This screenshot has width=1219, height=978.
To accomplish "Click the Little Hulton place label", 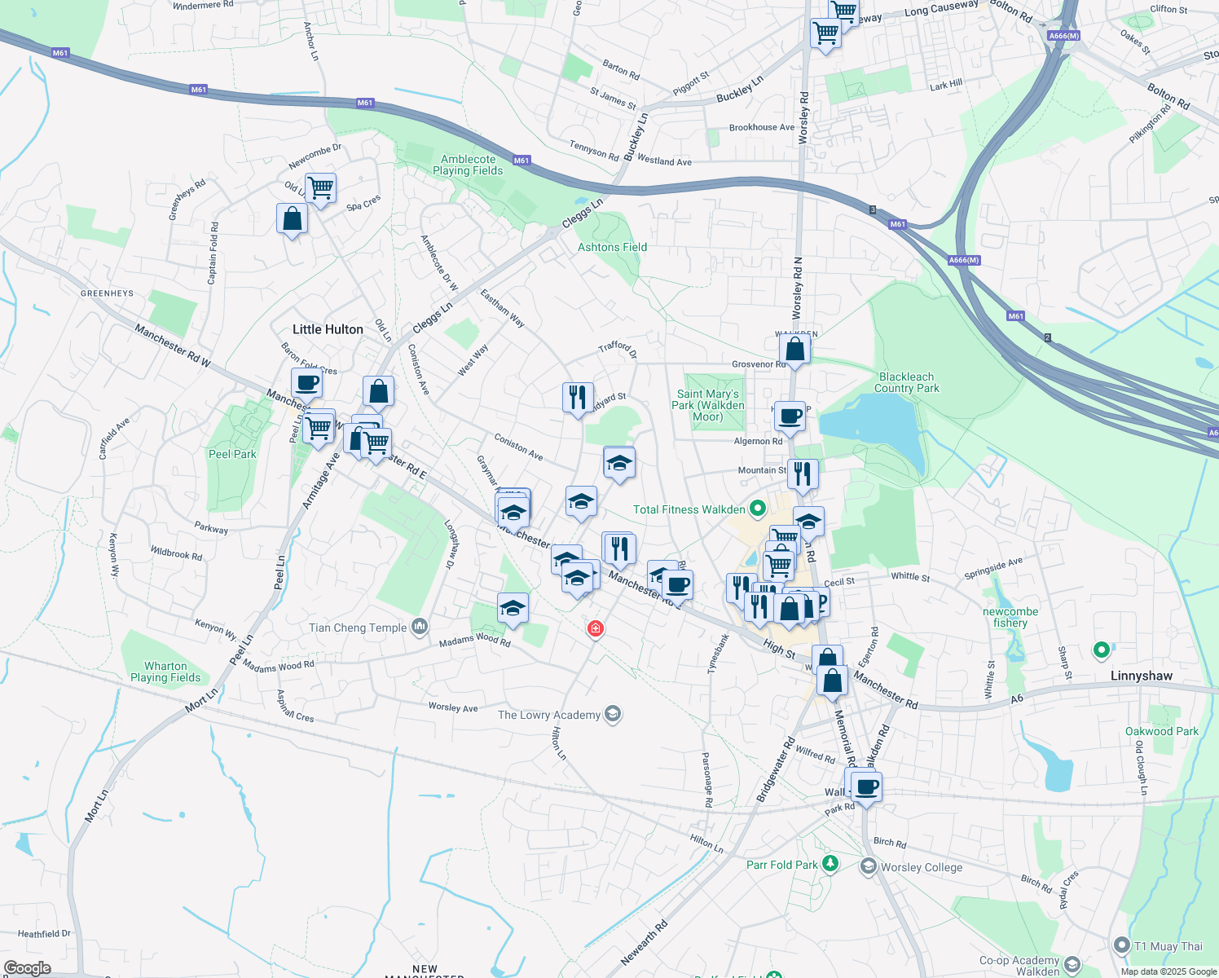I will (x=328, y=329).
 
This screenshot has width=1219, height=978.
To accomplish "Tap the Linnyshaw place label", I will (x=1141, y=676).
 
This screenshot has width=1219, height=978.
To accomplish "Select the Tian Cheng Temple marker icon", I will (x=420, y=627).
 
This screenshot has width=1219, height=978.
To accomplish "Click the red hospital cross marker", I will (x=596, y=628).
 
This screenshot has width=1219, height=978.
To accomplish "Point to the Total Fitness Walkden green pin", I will (x=758, y=509).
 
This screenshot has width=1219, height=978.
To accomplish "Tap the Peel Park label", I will (x=232, y=454).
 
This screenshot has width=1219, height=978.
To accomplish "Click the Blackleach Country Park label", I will (x=908, y=382).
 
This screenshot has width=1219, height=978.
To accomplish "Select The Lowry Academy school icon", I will (x=613, y=715).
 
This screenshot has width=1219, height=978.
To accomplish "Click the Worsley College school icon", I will (x=869, y=866).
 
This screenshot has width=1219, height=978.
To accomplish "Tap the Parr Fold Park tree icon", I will (x=830, y=863).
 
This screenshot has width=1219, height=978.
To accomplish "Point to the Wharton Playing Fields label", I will (x=165, y=672).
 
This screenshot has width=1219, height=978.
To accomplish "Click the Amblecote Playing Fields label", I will (x=468, y=165).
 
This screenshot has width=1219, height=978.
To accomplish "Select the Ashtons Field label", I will (x=612, y=247).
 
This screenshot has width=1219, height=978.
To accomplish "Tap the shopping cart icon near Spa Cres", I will (x=321, y=187).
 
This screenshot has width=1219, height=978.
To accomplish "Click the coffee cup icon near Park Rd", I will (x=867, y=786).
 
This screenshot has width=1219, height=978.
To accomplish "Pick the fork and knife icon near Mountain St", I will (x=803, y=474).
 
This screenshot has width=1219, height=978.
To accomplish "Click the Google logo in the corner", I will (x=28, y=968).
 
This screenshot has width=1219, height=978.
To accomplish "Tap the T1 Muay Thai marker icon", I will (x=1123, y=945).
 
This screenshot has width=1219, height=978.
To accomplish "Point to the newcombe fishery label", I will (x=1010, y=617).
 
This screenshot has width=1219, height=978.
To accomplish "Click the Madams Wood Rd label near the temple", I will (x=474, y=641).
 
